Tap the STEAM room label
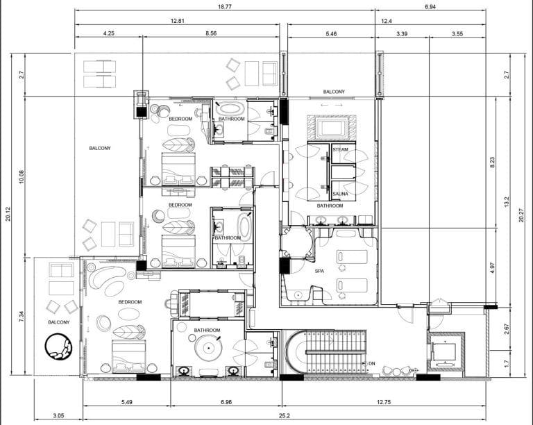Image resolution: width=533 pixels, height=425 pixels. [x=340, y=149]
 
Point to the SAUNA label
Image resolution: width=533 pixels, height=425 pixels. [x=340, y=194]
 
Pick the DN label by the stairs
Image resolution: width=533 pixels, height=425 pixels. [x=372, y=363]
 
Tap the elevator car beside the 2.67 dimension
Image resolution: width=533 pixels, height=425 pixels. [x=444, y=352]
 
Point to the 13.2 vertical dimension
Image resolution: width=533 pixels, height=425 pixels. [x=507, y=203]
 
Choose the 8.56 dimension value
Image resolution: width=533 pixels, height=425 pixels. [x=211, y=33]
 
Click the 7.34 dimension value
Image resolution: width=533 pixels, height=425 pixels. [x=22, y=317]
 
